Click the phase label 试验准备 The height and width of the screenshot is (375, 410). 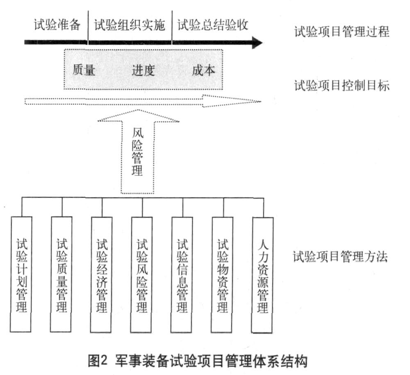(x=57, y=25)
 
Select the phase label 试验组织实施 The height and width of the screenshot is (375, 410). (x=130, y=25)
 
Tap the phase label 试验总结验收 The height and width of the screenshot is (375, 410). (x=213, y=25)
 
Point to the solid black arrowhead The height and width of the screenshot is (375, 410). (x=257, y=42)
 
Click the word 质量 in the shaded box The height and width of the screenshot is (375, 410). (x=84, y=70)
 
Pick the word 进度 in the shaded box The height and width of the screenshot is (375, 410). (x=143, y=70)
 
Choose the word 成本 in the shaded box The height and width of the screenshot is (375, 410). (x=203, y=70)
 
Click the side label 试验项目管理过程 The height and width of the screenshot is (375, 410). (x=342, y=32)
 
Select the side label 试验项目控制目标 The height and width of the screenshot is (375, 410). (x=342, y=85)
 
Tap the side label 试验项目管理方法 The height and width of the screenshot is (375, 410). (x=340, y=256)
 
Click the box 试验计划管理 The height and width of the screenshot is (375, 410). (x=21, y=274)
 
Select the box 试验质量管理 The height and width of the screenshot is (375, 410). (x=61, y=274)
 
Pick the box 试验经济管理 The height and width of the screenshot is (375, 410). (x=101, y=274)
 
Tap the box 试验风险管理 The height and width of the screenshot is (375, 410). (x=142, y=274)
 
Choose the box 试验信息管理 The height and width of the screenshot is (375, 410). (x=182, y=274)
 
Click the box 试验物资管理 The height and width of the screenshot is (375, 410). (x=222, y=274)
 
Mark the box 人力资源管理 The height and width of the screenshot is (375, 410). (x=262, y=275)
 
